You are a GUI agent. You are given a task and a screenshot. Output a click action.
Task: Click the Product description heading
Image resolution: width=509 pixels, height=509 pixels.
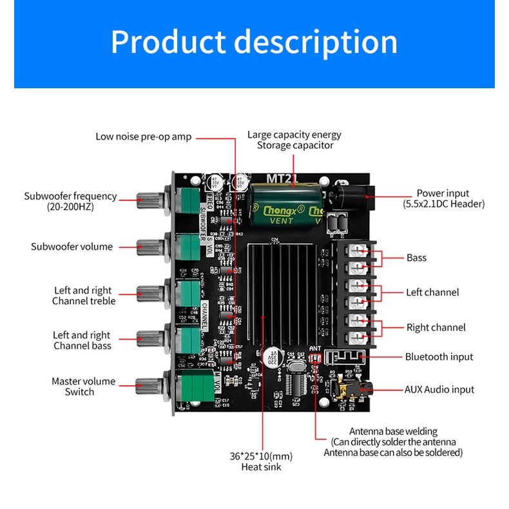point(254,42)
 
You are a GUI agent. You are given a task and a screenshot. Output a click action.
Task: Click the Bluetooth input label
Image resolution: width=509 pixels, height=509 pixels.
point(439,357)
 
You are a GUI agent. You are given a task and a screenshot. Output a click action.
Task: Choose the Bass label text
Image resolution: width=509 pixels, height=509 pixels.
point(416,258)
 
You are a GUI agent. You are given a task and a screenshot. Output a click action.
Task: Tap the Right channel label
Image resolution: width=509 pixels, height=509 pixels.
point(436,327)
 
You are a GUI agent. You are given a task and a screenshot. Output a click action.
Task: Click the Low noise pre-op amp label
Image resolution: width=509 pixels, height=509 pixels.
point(143,137)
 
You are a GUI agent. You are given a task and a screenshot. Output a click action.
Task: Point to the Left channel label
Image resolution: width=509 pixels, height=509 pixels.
point(432,293)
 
